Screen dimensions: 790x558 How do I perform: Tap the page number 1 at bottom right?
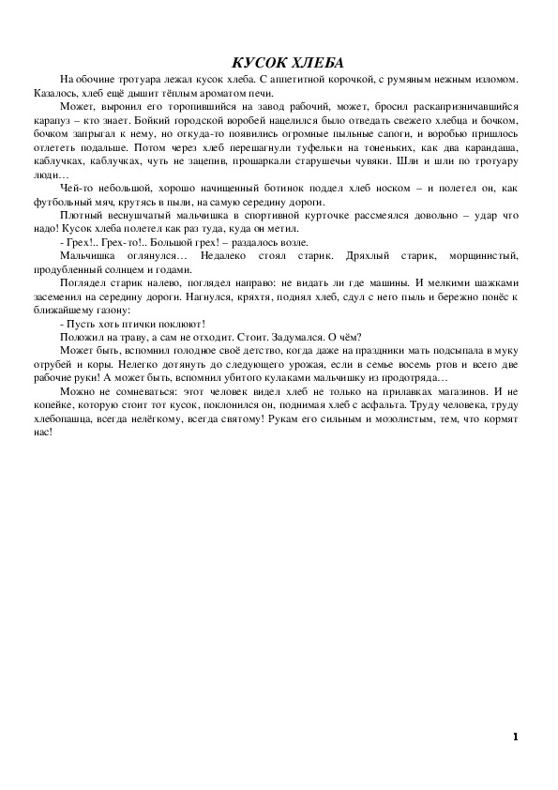click(x=516, y=736)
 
